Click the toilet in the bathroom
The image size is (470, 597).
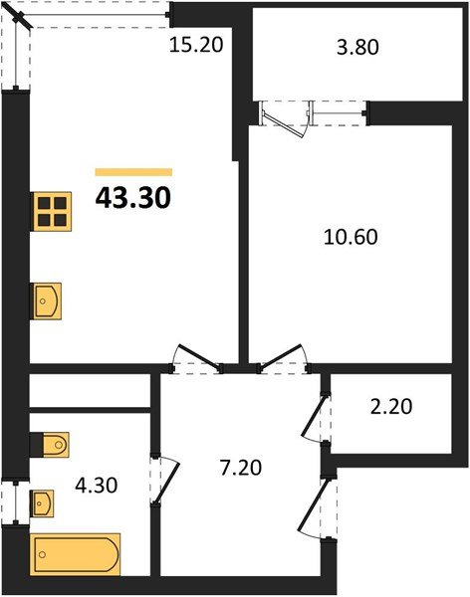[50, 442]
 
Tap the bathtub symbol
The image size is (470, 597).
[76, 552]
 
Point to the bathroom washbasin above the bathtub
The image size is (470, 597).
[45, 503]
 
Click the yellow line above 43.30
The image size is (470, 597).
[133, 172]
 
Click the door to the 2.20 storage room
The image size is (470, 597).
[317, 417]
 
